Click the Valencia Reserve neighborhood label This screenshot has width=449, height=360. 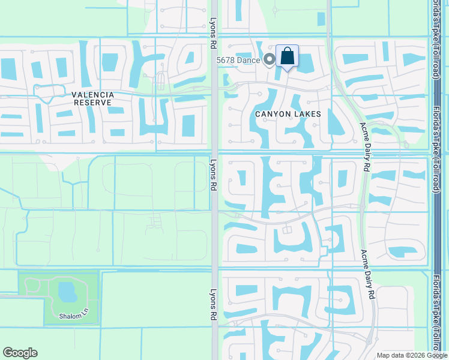92,98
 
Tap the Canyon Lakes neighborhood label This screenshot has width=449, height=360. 288,114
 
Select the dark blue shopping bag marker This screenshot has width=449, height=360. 288,56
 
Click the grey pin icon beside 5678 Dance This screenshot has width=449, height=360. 270,59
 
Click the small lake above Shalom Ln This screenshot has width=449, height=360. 67,292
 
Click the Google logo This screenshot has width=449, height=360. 20,353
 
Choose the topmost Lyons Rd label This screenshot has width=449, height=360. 213,28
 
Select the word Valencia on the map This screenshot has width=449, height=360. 92,95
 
